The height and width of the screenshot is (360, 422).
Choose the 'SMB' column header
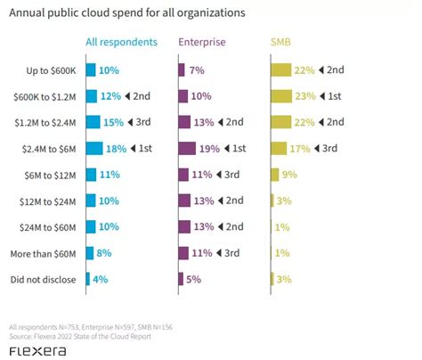click(x=280, y=42)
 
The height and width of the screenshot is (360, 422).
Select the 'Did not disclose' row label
click(x=45, y=279)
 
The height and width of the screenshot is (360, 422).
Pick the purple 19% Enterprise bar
click(x=188, y=148)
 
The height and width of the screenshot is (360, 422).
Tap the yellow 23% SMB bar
click(x=281, y=95)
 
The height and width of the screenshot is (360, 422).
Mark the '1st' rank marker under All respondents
click(x=144, y=148)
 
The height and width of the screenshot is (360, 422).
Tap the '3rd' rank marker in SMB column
click(x=331, y=148)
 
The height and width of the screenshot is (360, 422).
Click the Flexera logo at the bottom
click(x=37, y=351)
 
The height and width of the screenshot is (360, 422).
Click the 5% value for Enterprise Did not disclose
click(x=193, y=279)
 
